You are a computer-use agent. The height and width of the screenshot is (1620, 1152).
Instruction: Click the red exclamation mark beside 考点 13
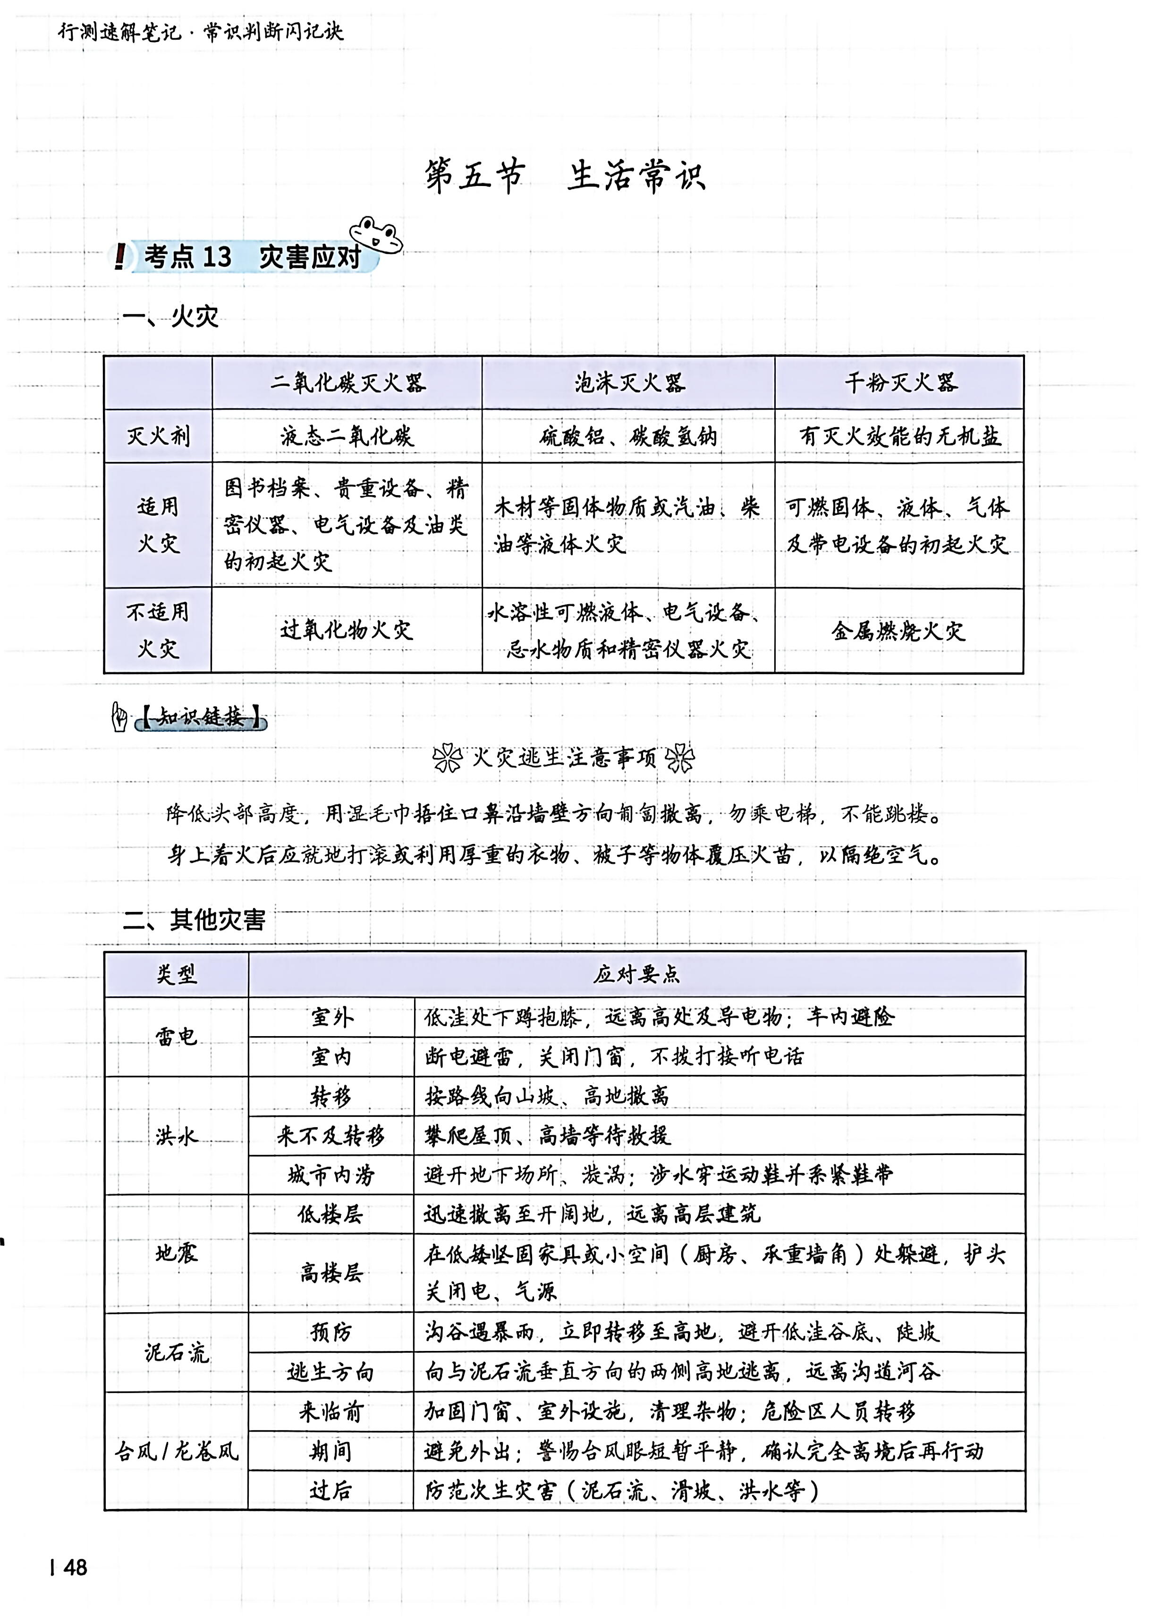click(x=120, y=256)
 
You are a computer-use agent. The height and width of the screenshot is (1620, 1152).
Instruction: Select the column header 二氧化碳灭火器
click(x=347, y=383)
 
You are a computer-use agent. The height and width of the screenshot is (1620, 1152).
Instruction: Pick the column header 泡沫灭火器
click(x=628, y=383)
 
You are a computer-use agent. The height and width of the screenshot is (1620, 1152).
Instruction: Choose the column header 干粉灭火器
click(x=899, y=383)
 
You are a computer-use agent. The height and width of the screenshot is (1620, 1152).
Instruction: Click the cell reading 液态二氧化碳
click(x=347, y=436)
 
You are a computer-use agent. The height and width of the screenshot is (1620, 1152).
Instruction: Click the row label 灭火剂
click(x=158, y=436)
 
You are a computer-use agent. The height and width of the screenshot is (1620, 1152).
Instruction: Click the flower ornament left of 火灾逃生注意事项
click(x=447, y=758)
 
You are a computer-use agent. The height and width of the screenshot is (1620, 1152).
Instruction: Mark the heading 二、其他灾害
click(x=194, y=920)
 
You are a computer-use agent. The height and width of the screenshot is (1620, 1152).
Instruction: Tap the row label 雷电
click(x=176, y=1036)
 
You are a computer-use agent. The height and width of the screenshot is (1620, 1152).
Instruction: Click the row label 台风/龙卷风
click(x=176, y=1451)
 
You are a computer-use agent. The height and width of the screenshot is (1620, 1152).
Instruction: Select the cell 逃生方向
click(x=330, y=1372)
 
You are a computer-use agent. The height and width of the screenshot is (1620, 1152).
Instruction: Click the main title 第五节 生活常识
click(x=565, y=176)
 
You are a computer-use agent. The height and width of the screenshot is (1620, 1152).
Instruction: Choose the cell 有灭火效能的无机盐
click(x=899, y=436)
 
